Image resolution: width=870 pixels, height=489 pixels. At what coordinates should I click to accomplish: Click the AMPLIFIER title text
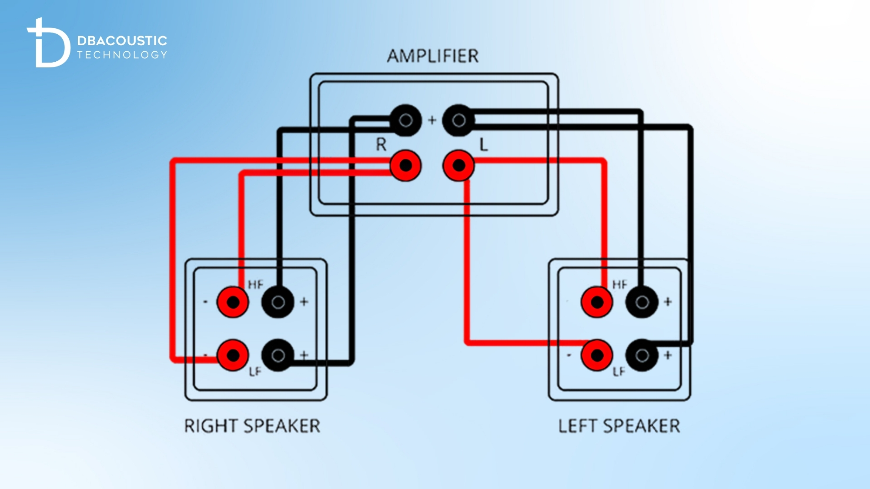click(433, 56)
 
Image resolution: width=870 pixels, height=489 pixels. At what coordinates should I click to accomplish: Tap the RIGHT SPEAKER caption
click(252, 426)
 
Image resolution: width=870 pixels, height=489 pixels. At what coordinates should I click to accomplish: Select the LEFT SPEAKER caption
click(619, 426)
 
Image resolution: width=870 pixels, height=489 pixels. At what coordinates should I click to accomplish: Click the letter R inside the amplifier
click(381, 145)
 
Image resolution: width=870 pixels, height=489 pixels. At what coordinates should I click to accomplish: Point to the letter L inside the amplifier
click(483, 145)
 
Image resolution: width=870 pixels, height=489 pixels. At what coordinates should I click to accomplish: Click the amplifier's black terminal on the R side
click(405, 120)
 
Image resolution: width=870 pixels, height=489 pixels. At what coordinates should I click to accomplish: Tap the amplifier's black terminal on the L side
click(458, 120)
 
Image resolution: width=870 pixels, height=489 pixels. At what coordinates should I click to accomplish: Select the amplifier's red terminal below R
click(405, 166)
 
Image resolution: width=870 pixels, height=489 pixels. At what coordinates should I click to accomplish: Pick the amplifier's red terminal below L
click(458, 166)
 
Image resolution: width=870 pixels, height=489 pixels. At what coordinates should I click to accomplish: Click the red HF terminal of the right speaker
click(233, 302)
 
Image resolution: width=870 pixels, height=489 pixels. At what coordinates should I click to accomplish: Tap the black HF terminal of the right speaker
click(278, 302)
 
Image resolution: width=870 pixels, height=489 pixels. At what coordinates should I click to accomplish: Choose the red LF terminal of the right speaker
click(233, 356)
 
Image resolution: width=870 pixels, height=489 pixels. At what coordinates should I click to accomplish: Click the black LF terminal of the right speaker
click(278, 356)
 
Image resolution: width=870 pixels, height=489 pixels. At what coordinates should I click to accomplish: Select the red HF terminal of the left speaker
click(597, 302)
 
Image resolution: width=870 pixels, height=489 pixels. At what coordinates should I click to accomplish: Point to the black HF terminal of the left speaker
click(642, 302)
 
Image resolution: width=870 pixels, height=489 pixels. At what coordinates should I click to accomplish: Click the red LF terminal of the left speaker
click(597, 356)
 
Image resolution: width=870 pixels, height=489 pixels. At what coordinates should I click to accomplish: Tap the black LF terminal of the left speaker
click(642, 356)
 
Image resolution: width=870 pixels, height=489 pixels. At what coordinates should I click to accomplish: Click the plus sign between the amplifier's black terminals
click(432, 120)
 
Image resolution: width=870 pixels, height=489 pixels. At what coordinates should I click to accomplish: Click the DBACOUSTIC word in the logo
click(122, 41)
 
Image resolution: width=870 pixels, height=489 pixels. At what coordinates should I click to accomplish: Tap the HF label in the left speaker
click(619, 285)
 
